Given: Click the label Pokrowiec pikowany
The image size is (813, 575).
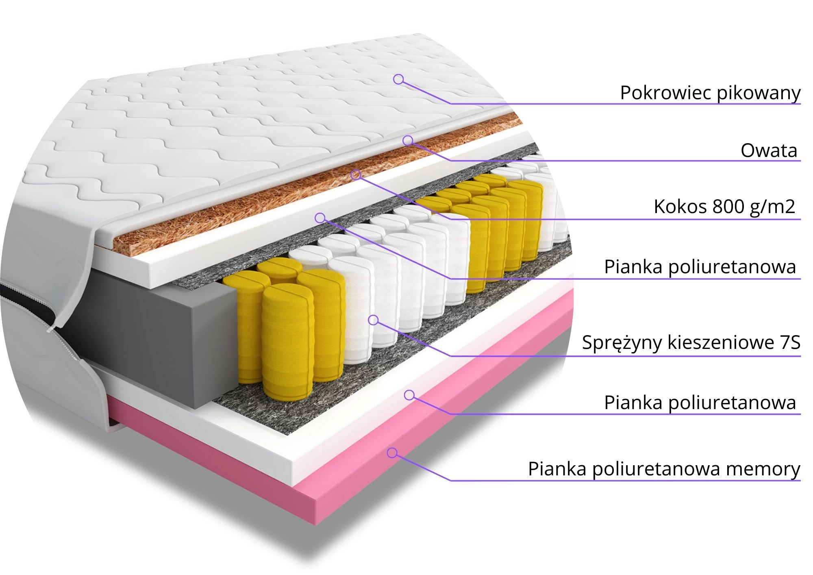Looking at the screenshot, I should [710, 93].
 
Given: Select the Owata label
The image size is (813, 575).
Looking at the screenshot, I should [768, 150].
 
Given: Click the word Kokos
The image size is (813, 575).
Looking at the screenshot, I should [680, 207].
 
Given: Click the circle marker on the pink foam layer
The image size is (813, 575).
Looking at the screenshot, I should [392, 453].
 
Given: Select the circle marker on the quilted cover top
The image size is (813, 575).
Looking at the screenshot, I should [398, 79].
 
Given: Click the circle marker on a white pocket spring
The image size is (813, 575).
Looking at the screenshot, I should [373, 320].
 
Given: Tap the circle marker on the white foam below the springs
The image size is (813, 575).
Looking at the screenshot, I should [409, 395].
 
